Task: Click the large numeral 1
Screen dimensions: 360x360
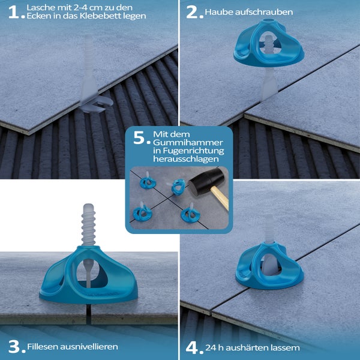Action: pos(14,12)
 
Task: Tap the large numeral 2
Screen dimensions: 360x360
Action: pos(192,12)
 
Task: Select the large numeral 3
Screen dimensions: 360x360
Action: pos(14,346)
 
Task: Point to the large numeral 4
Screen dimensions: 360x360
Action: pos(192,348)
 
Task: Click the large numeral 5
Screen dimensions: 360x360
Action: pos(139,137)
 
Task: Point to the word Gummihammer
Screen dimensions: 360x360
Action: pos(188,142)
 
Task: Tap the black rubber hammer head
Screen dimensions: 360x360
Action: pos(206,181)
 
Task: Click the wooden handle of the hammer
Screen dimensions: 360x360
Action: pos(220,198)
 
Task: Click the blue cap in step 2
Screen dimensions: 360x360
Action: pos(269,44)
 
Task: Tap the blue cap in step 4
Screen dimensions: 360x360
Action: pos(269,266)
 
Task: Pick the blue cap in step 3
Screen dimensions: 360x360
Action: pos(88,275)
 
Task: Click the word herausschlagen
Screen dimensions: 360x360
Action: pos(186,159)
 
